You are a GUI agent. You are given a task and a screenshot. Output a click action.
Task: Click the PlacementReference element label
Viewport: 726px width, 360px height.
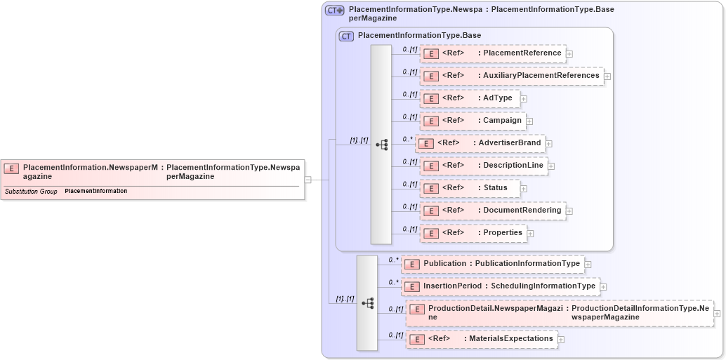(522, 53)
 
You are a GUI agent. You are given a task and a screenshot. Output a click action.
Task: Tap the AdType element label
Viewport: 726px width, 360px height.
(497, 98)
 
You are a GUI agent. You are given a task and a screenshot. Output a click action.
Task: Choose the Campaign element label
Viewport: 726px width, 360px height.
(502, 121)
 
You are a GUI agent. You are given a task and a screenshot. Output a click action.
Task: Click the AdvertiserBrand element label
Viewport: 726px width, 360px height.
(509, 143)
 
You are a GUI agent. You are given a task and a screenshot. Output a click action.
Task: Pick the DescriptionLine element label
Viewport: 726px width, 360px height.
(513, 166)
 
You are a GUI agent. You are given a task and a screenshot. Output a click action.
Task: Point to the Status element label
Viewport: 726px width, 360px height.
(495, 188)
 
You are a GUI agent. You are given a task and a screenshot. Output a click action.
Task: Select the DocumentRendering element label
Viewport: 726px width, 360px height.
(522, 211)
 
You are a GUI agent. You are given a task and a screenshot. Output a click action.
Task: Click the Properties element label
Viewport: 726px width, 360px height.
(502, 233)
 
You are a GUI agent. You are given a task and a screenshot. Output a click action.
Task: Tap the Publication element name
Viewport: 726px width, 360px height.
(444, 264)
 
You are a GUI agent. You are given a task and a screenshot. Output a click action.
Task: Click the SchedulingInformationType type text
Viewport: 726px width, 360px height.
(543, 286)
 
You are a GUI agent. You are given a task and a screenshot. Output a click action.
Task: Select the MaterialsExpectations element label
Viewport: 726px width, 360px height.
(510, 339)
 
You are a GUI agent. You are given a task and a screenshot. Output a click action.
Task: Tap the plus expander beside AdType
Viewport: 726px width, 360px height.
(524, 99)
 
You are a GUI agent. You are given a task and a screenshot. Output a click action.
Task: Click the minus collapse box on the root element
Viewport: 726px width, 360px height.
(308, 180)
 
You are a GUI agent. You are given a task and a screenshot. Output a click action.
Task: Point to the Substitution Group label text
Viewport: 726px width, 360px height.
(31, 191)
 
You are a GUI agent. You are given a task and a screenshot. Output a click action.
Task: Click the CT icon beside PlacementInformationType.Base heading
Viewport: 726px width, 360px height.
(346, 36)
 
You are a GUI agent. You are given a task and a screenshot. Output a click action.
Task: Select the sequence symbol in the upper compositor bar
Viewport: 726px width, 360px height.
(382, 145)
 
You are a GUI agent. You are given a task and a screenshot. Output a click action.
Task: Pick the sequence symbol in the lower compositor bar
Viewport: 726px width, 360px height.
(367, 303)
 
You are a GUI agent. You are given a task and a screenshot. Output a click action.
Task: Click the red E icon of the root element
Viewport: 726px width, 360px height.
(11, 168)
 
